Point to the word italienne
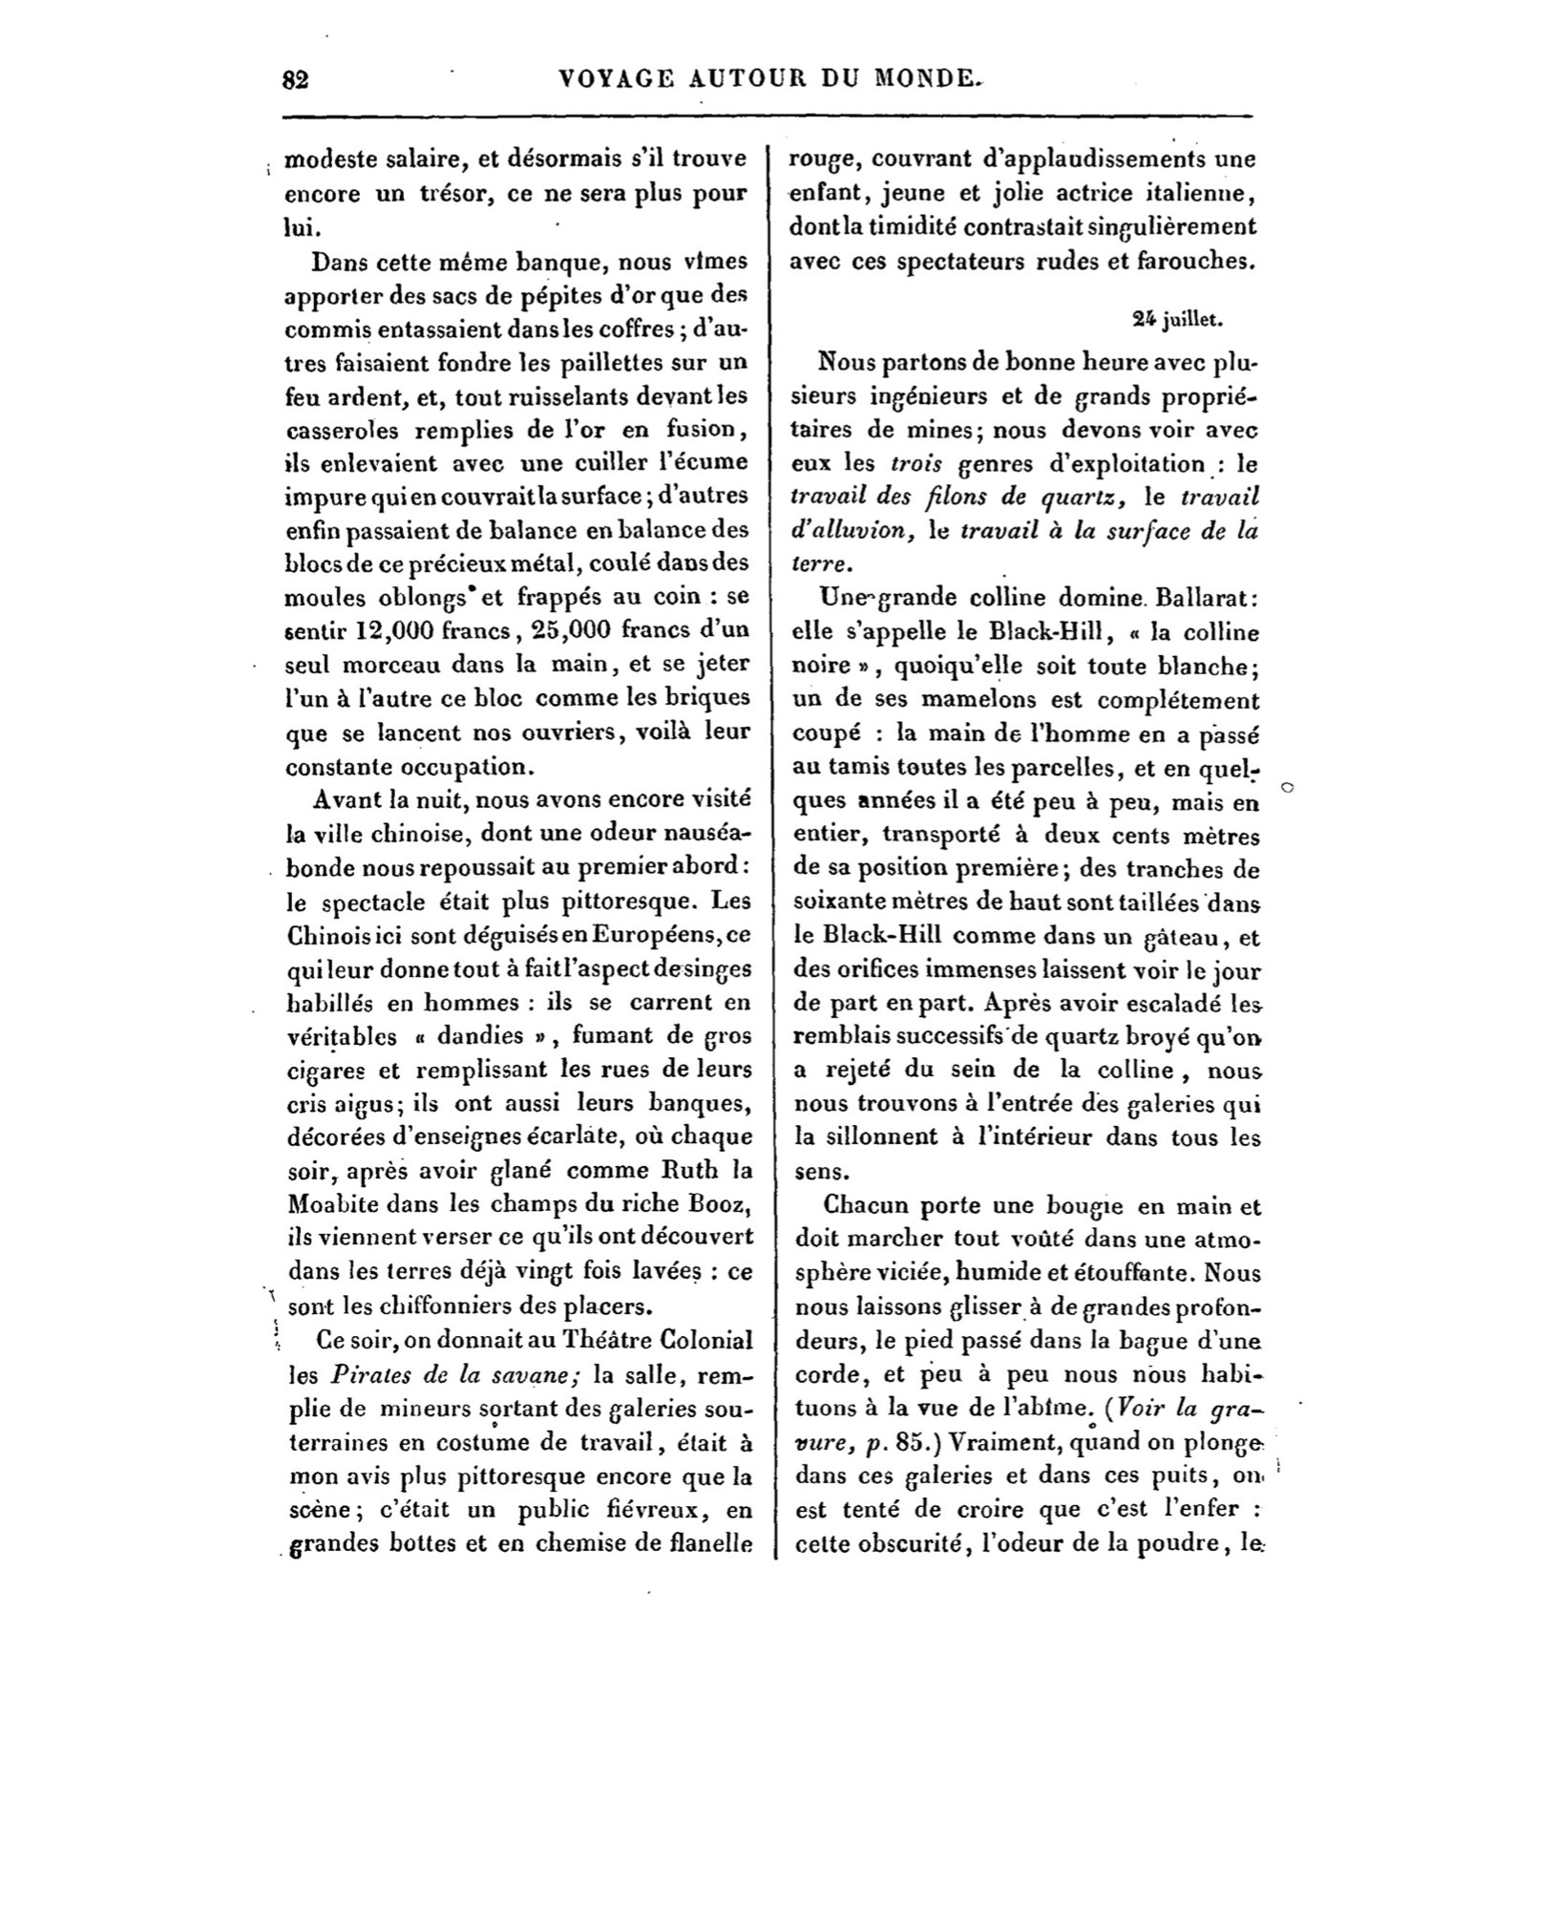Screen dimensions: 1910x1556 click(x=1201, y=193)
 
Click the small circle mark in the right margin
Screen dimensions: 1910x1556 click(x=1287, y=788)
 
